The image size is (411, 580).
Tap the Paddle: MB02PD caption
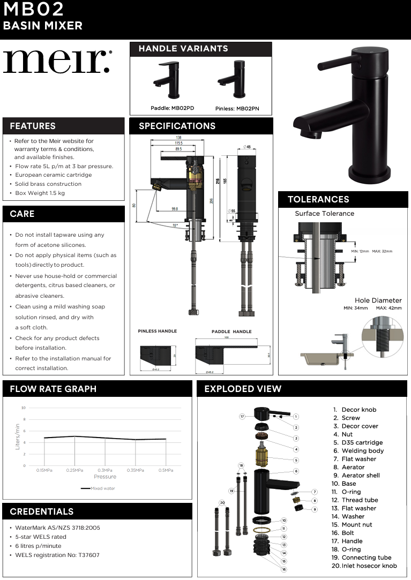click(172, 108)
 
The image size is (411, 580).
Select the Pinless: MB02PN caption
click(237, 109)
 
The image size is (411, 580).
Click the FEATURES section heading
click(33, 126)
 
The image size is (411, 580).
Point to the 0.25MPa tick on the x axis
click(74, 470)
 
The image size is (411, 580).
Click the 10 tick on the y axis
click(23, 408)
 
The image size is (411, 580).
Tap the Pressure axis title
click(104, 477)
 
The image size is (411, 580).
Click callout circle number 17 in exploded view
click(242, 416)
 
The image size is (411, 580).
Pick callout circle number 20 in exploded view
click(222, 502)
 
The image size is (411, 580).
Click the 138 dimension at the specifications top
click(171, 138)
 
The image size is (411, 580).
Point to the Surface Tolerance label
click(324, 214)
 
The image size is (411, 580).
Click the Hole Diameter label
click(378, 300)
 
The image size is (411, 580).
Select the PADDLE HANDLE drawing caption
click(231, 332)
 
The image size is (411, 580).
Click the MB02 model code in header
click(33, 9)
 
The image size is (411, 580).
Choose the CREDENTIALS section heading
click(42, 512)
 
